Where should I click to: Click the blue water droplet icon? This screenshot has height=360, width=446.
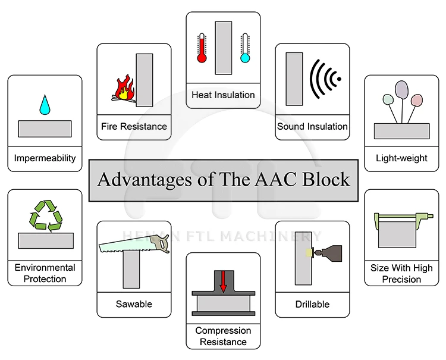pos(45,105)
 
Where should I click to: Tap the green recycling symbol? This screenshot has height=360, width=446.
pos(46,215)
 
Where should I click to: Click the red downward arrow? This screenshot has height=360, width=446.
pos(223,281)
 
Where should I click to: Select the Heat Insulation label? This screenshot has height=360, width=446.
pos(223,95)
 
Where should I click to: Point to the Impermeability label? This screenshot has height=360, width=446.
pos(45,158)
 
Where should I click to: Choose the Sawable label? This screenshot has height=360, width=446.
pos(134,304)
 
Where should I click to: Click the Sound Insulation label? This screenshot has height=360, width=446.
pos(312,126)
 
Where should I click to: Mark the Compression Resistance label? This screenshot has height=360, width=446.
pos(223,336)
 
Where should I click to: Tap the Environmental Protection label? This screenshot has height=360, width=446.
pos(45,273)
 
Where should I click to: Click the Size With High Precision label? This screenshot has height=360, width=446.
pos(401,273)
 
